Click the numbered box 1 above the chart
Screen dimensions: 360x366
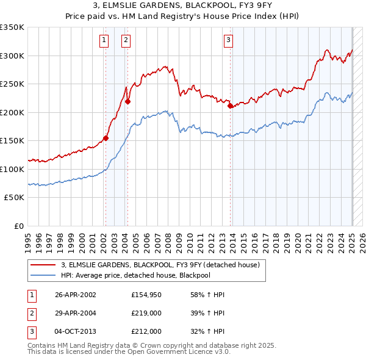(104, 41)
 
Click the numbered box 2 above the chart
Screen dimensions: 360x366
(126, 41)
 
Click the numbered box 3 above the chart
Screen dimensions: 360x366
(228, 41)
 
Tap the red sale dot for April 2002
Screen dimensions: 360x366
(106, 138)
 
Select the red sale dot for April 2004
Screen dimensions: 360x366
(127, 102)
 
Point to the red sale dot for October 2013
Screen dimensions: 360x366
(231, 106)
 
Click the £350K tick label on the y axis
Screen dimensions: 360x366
(12, 27)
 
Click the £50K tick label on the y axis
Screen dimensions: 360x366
(15, 198)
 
